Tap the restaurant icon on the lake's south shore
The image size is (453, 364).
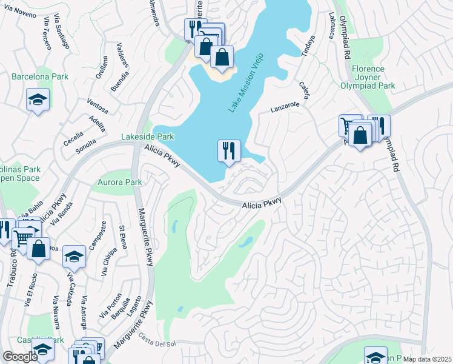pos(229,150)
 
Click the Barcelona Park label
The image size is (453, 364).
pos(33,77)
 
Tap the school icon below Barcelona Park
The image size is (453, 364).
pos(38,99)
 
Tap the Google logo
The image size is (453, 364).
pos(20,357)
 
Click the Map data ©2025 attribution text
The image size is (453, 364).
pos(428,359)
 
